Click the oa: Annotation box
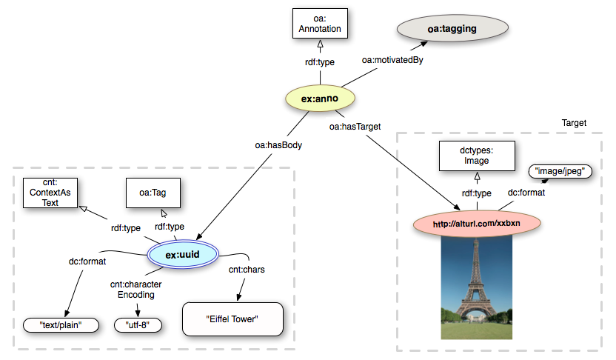tap(320, 24)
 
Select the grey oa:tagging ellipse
tap(452, 28)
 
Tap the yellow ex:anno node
tap(320, 99)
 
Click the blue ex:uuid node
tap(183, 254)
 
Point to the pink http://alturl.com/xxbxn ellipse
tap(477, 224)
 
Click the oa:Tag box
tap(153, 193)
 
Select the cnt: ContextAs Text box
tap(50, 193)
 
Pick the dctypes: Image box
tap(477, 156)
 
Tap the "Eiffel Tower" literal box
tap(232, 319)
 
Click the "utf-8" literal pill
tap(138, 325)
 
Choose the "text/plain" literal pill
tap(61, 325)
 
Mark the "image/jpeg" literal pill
tap(560, 171)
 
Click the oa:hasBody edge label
tap(278, 145)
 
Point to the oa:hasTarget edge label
tap(355, 127)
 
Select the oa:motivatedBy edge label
tap(392, 60)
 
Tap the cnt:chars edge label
tap(247, 270)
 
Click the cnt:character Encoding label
tap(136, 289)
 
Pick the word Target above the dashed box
tap(574, 123)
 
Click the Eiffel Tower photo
tap(477, 287)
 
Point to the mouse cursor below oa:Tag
tap(164, 213)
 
